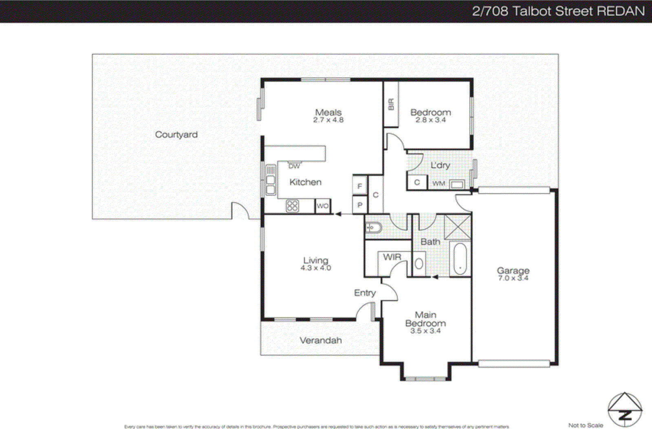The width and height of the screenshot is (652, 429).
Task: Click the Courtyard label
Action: click(176, 135)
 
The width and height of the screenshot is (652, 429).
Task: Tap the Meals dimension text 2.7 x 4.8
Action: click(328, 120)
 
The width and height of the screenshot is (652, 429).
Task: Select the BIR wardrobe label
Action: click(391, 104)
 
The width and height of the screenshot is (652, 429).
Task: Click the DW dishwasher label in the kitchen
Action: click(294, 166)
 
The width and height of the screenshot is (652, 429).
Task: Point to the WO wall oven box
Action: click(322, 206)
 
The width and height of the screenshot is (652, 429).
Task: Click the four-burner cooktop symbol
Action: click(292, 206)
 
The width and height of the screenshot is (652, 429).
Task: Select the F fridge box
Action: click(360, 186)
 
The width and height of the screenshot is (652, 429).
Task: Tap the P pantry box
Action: click(360, 205)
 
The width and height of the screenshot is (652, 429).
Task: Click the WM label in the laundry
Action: click(438, 184)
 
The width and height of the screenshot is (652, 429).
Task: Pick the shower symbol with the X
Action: click(457, 227)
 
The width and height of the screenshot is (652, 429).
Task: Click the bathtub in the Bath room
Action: click(460, 259)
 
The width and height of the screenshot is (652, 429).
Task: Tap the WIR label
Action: click(392, 257)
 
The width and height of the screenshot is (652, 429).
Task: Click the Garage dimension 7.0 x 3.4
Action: click(513, 278)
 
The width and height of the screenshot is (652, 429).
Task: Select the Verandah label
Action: click(321, 340)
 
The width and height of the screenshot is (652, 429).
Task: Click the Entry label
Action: click(365, 293)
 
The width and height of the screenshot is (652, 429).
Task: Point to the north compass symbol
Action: click(625, 410)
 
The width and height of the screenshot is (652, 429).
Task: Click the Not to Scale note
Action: click(586, 425)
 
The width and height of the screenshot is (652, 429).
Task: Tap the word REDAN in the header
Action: click(621, 11)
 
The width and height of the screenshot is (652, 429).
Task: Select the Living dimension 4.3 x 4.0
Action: click(316, 268)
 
